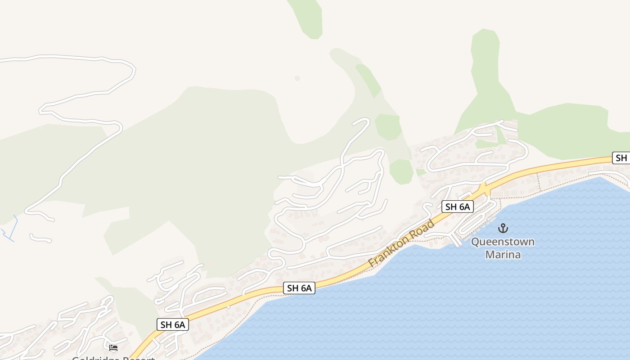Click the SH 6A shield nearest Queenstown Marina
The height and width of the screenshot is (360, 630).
click(458, 207)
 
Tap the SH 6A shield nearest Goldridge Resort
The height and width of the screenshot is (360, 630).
click(173, 324)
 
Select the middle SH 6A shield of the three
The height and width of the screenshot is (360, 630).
click(299, 288)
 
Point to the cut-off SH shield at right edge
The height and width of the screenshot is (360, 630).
click(621, 158)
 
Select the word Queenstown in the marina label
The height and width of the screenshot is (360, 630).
click(503, 242)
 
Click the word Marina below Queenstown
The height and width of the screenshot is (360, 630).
click(503, 255)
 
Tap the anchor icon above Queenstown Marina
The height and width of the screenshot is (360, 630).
click(503, 228)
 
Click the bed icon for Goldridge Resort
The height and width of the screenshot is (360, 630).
click(113, 347)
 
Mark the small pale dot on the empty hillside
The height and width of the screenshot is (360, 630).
click(297, 78)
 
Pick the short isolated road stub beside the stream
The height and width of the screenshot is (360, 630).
click(40, 238)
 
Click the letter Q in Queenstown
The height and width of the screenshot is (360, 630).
click(475, 242)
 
